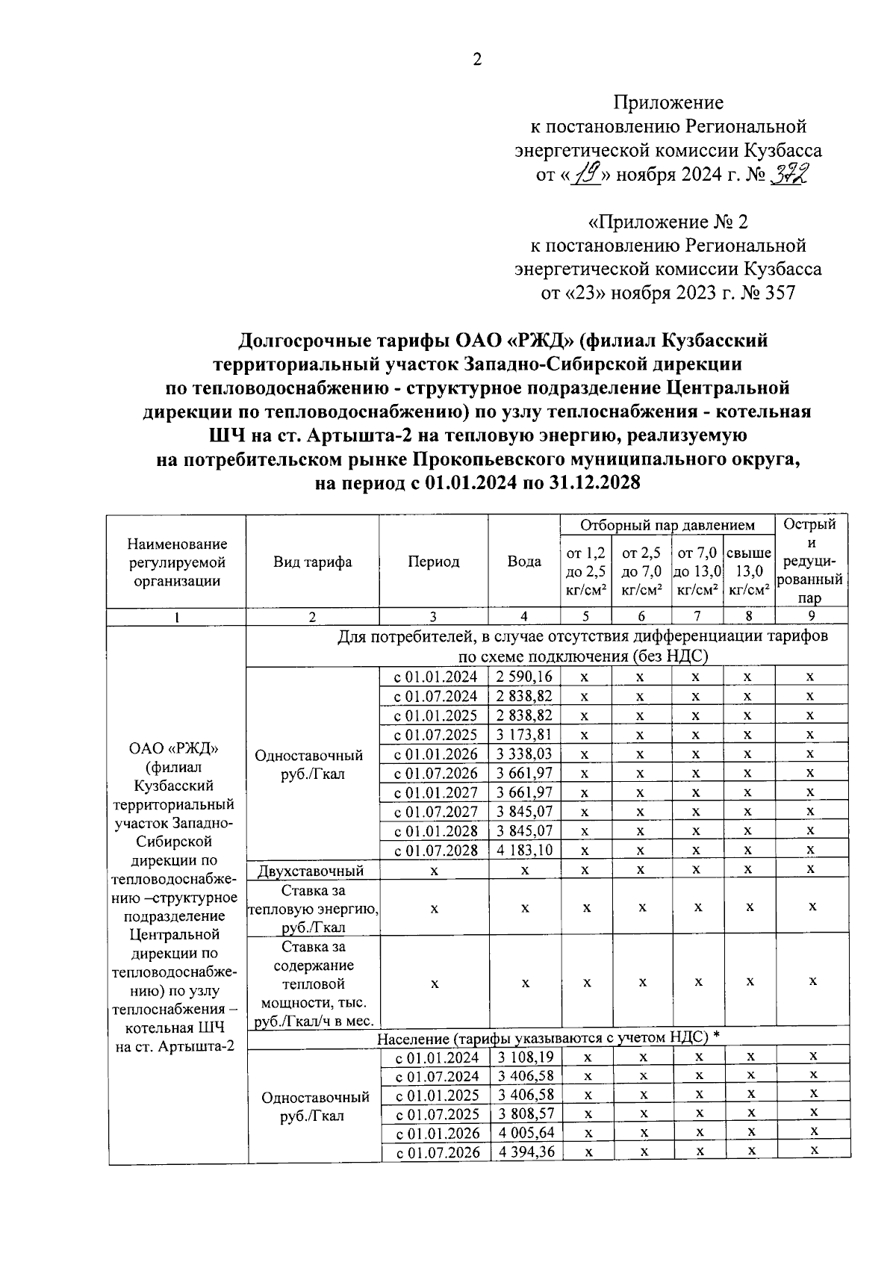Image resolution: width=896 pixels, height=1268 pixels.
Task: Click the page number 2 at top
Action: (476, 60)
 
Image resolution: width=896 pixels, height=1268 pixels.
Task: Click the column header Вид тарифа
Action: (312, 562)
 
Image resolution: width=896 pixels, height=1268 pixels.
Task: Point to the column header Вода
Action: (524, 562)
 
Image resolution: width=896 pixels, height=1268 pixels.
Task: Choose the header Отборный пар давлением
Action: (668, 525)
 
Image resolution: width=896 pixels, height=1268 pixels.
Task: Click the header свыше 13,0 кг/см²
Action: (749, 571)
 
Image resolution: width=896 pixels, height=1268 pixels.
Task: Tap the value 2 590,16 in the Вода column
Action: (524, 677)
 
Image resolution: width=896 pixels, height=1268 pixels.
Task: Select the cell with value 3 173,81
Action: (524, 735)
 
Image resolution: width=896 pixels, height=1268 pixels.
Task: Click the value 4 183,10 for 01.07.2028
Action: (524, 850)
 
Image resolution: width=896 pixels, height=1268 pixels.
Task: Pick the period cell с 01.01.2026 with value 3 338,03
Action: (435, 754)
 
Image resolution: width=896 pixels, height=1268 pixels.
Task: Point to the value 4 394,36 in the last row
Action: (526, 1152)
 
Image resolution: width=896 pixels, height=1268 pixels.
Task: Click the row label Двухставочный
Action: (311, 870)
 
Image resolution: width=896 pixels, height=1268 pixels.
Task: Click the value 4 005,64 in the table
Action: (526, 1133)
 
